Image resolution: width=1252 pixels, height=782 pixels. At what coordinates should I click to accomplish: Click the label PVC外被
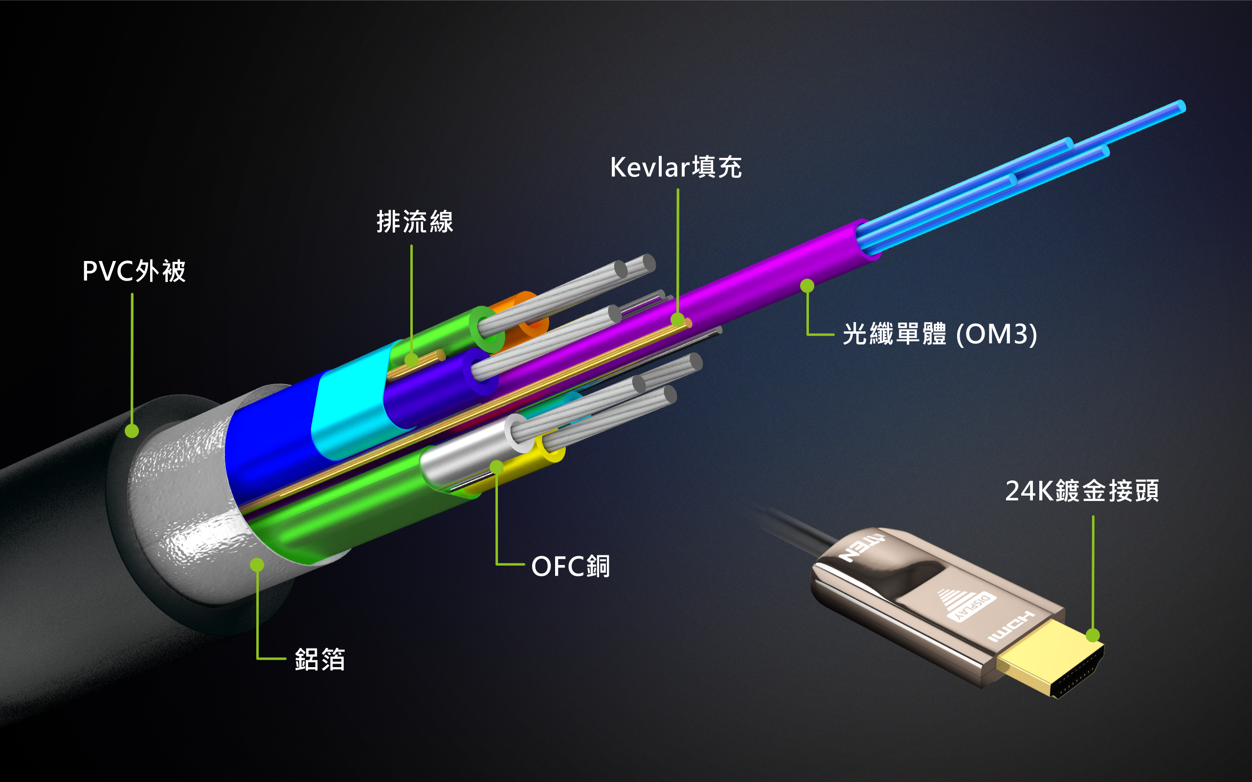[x=134, y=271]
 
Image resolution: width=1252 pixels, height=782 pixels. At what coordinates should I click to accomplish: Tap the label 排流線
[x=415, y=222]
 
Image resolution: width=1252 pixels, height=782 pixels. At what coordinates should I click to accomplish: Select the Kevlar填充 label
[x=676, y=167]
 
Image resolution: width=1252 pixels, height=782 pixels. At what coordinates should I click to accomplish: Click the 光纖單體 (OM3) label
[x=939, y=334]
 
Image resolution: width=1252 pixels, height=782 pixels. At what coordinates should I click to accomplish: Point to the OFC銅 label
[x=571, y=566]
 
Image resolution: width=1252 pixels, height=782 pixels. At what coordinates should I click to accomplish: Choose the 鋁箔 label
[x=320, y=659]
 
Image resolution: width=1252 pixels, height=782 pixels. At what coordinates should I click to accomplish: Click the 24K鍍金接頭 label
[x=1082, y=491]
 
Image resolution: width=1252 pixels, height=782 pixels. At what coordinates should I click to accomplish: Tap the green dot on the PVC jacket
[x=132, y=431]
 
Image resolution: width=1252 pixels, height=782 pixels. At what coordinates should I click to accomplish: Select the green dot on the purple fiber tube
[x=807, y=285]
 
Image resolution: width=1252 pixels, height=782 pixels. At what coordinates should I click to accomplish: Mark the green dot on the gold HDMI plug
[x=1093, y=635]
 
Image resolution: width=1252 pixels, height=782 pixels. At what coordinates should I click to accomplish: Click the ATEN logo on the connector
[x=862, y=548]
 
